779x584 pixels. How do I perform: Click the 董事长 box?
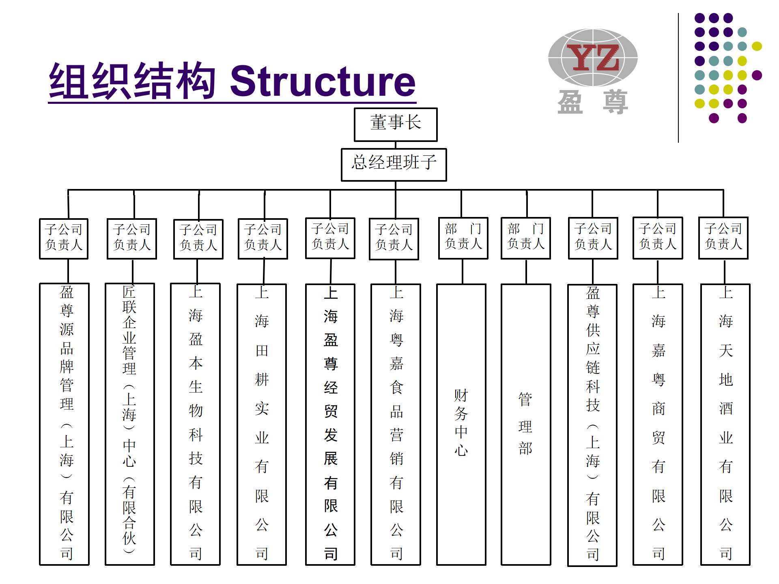396,125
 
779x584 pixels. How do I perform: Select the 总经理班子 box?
394,165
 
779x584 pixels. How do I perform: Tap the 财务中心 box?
461,424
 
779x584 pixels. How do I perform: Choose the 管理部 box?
526,424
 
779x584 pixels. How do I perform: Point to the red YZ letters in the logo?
593,57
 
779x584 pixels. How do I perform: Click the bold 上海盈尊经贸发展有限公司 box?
330,424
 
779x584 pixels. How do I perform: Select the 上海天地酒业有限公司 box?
725,424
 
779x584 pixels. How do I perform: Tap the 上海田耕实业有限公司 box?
262,424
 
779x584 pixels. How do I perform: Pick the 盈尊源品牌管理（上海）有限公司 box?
65,424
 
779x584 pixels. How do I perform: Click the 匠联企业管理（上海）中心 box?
130,424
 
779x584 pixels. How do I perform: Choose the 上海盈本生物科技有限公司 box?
196,424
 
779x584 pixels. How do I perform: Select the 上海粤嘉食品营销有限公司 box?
396,424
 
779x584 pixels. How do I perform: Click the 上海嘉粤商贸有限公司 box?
658,424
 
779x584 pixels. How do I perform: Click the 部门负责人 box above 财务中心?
463,238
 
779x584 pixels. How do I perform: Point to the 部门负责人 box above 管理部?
526,238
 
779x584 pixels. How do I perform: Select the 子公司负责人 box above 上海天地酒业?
723,238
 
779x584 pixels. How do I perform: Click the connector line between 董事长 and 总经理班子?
396,145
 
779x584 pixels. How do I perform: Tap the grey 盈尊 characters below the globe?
593,102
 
